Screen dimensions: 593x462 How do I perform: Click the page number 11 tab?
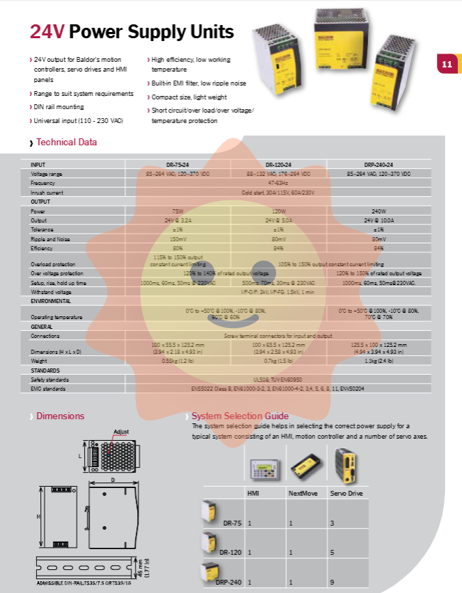point(446,65)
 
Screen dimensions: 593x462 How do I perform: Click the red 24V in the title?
point(47,32)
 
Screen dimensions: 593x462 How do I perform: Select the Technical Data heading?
point(66,143)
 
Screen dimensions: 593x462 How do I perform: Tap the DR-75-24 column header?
point(177,165)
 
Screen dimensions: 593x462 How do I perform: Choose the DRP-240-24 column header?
point(379,165)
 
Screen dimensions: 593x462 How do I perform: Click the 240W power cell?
point(379,211)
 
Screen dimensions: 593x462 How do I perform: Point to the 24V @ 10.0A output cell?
point(379,220)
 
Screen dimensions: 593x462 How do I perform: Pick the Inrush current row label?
point(47,192)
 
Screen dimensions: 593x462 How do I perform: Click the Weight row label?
point(39,361)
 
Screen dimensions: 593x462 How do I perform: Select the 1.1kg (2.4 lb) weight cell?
point(379,361)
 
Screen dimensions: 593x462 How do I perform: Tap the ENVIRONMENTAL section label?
point(50,301)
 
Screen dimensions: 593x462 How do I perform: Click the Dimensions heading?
point(61,416)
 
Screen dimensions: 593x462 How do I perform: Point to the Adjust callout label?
point(121,432)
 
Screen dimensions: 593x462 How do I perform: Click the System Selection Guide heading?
point(240,416)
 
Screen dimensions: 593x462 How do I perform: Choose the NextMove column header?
point(303,493)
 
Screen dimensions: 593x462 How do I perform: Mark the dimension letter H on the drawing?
point(38,517)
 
